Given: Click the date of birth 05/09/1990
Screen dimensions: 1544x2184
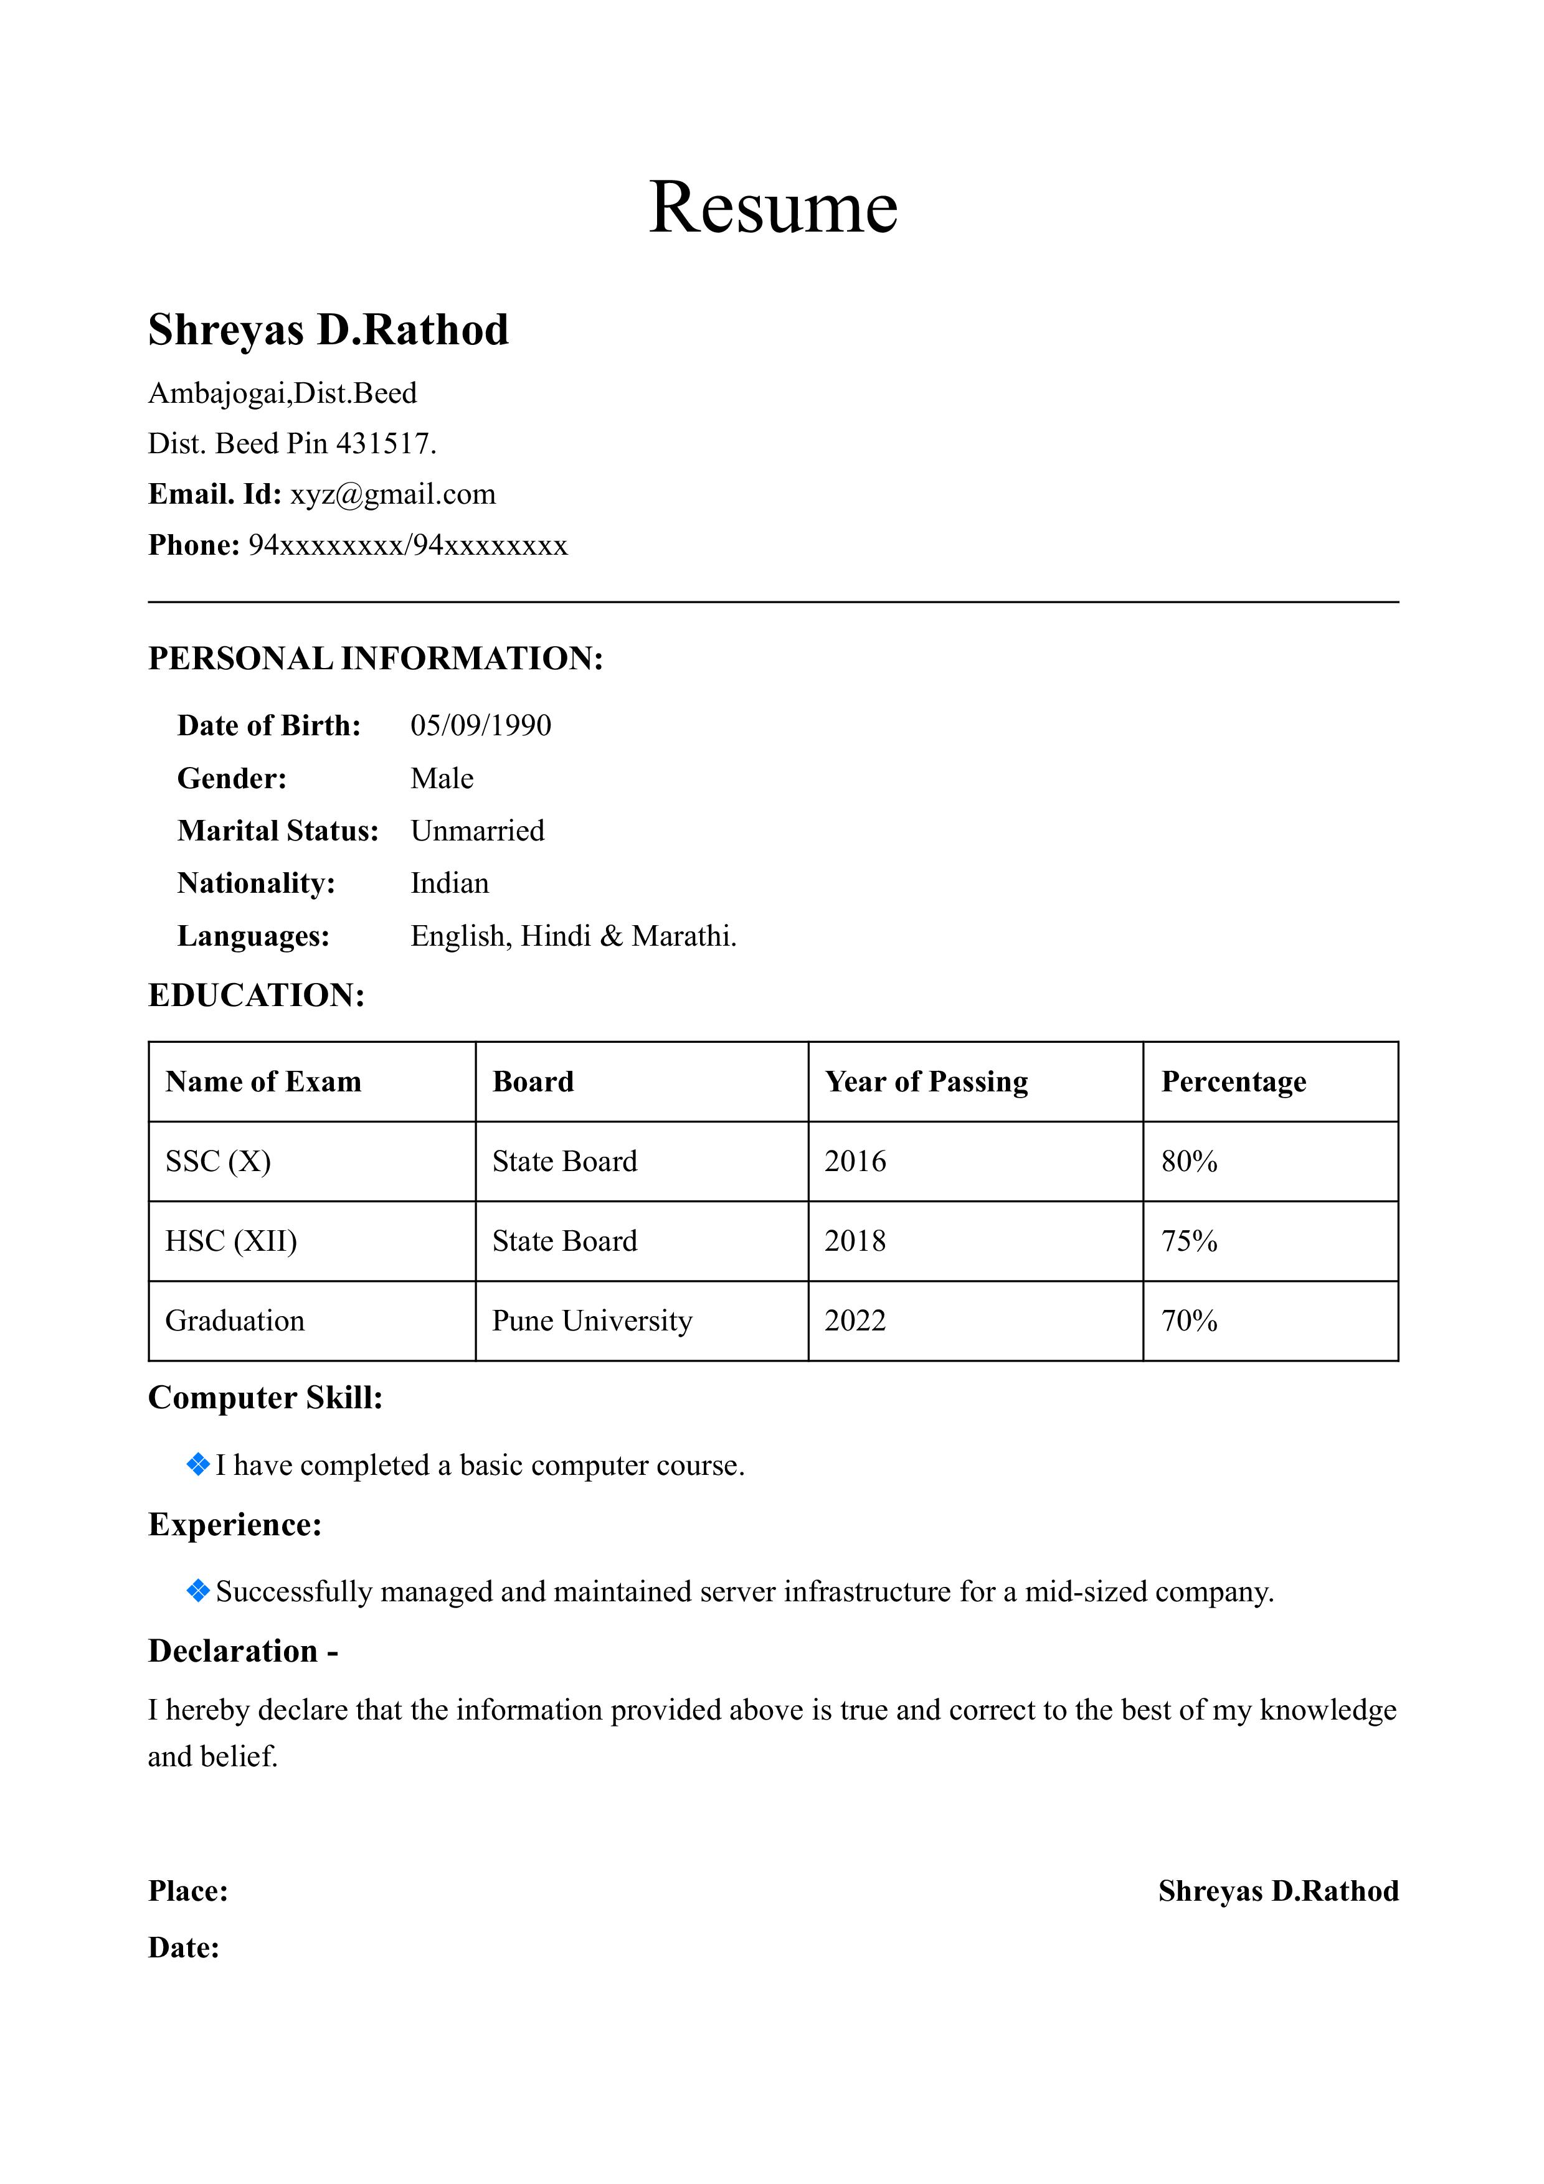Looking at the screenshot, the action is pyautogui.click(x=480, y=726).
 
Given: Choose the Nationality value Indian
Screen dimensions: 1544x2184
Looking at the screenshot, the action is pyautogui.click(x=449, y=883).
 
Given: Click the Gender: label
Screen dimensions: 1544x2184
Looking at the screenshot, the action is pyautogui.click(x=231, y=779).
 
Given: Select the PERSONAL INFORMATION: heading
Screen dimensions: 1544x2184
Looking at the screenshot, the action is pyautogui.click(x=376, y=658).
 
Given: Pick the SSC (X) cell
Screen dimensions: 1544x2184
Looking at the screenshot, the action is pyautogui.click(x=218, y=1162).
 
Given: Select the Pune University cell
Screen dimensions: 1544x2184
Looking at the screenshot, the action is pyautogui.click(x=592, y=1321).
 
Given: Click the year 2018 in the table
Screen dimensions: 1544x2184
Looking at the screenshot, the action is pyautogui.click(x=855, y=1241).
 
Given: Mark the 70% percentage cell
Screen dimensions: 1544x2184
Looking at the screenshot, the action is pyautogui.click(x=1189, y=1321).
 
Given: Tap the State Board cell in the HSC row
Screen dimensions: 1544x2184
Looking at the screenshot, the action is pyautogui.click(x=564, y=1241).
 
